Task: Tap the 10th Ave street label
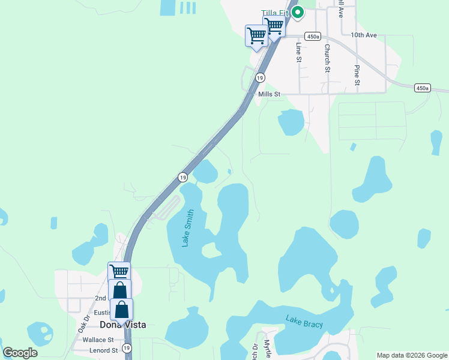pos(364,35)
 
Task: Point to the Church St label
pos(328,58)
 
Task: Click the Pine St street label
pos(357,75)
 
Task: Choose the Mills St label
pos(269,94)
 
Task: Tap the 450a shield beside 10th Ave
pos(312,37)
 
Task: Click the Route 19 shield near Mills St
pos(260,77)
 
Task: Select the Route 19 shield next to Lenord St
pos(127,348)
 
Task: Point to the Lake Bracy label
pos(304,322)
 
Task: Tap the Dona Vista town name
pos(122,325)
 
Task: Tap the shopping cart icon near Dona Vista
pos(119,271)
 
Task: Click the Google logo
pos(20,353)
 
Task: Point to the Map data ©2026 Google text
pos(412,355)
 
